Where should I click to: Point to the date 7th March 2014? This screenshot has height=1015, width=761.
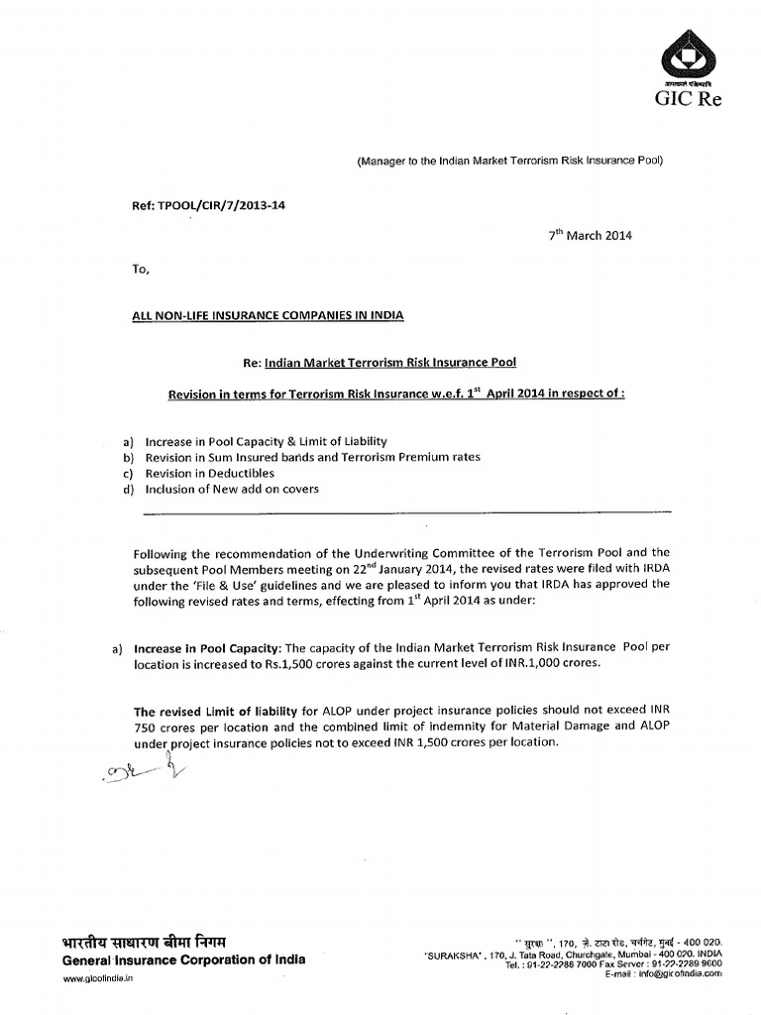[590, 235]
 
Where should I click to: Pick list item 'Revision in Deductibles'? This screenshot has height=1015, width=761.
[209, 473]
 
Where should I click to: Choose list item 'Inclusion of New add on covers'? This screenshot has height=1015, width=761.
[232, 489]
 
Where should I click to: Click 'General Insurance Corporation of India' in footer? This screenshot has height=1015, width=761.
[184, 959]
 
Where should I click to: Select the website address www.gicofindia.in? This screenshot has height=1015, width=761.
[98, 978]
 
